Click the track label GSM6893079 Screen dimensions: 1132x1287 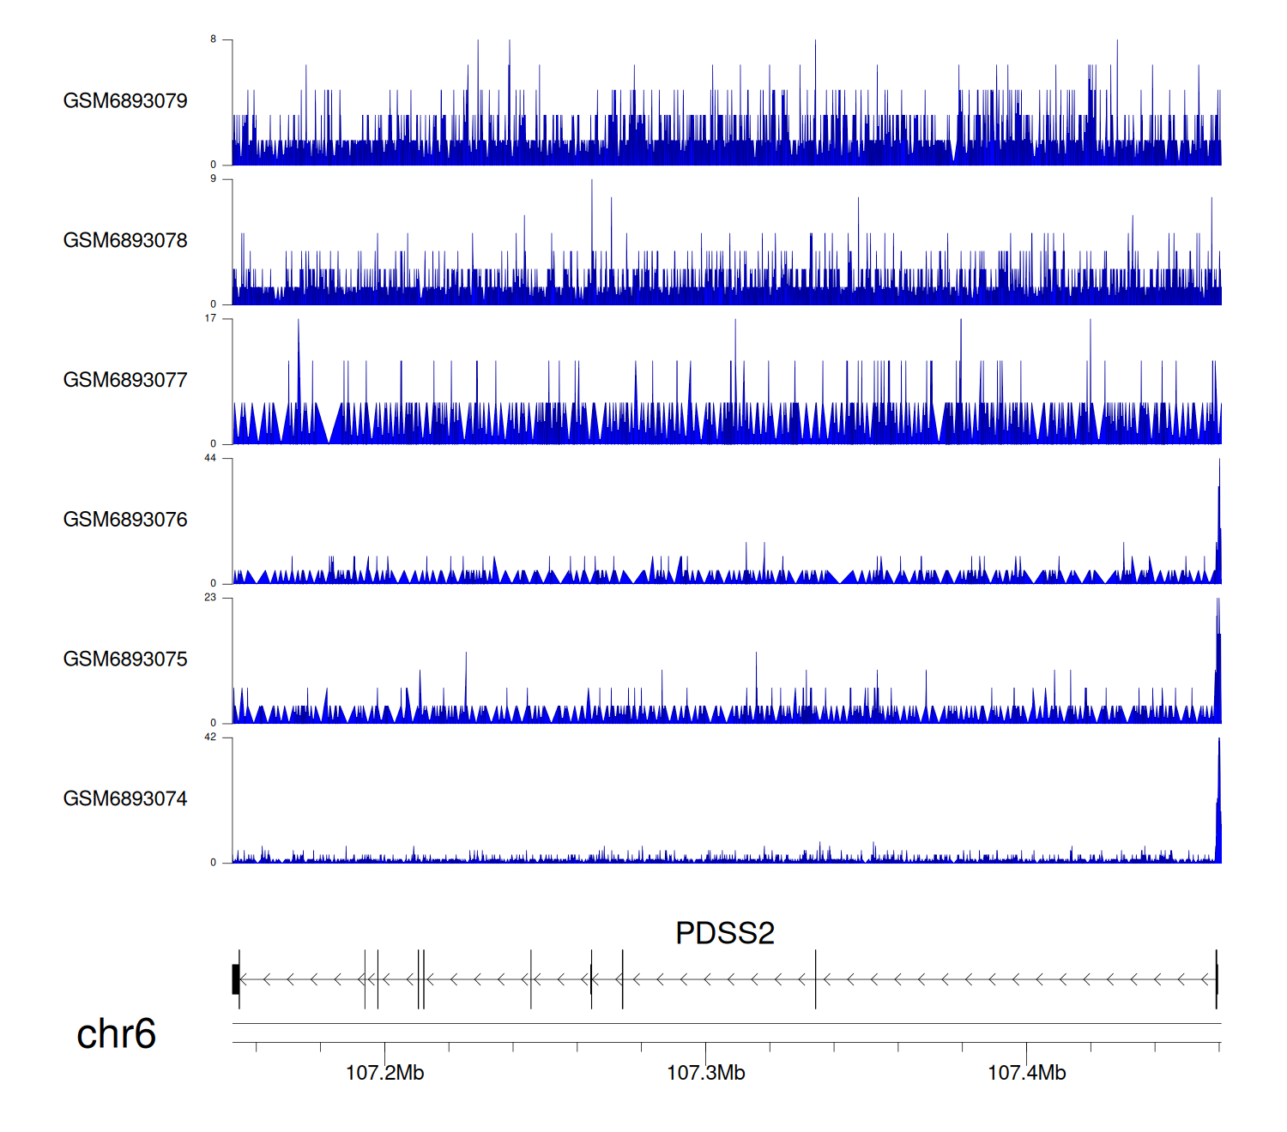coord(125,101)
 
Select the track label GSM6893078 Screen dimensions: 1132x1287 coord(125,241)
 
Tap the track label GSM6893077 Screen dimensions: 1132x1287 coord(125,380)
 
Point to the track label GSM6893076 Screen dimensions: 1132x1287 coord(125,520)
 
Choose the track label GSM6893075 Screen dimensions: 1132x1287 coord(125,659)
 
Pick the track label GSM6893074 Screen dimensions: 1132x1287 coord(125,799)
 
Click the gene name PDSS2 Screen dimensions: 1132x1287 coord(725,933)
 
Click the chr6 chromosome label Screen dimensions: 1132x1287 coord(116,1034)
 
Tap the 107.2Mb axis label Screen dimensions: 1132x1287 coord(384,1073)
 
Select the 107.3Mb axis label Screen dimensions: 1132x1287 coord(705,1073)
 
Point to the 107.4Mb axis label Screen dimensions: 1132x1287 coord(1026,1073)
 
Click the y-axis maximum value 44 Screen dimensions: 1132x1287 coord(210,458)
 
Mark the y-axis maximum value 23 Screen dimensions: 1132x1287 coord(210,598)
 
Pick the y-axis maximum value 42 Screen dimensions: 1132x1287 coord(210,738)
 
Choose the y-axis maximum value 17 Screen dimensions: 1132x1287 coord(210,318)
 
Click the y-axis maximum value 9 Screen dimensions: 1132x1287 coord(214,178)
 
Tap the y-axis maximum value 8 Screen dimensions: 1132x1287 coord(214,39)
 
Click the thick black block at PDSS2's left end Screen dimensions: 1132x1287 coord(235,979)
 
